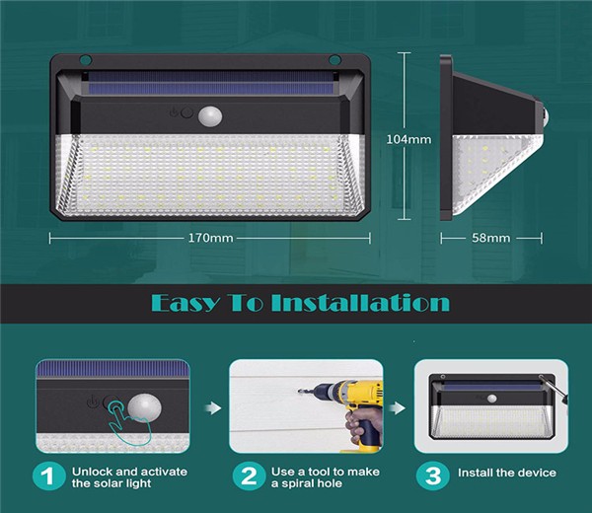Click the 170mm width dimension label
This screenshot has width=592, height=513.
(x=211, y=238)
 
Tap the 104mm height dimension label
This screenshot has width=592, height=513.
(x=408, y=140)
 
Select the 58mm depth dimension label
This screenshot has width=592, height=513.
(x=490, y=238)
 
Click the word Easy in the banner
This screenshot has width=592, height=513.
(x=185, y=304)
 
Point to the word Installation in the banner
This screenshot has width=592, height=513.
(x=360, y=303)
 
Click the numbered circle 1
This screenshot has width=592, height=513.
(x=48, y=476)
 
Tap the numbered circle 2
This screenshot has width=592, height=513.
(x=249, y=476)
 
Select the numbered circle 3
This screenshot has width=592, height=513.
(x=433, y=476)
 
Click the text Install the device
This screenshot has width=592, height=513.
(x=507, y=473)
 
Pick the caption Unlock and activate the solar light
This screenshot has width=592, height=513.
(x=129, y=477)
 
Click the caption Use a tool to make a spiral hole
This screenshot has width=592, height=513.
(x=326, y=477)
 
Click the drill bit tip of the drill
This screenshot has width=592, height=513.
(x=299, y=391)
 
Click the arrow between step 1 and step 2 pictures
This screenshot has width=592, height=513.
(x=213, y=407)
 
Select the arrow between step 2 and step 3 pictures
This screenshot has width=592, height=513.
(x=398, y=407)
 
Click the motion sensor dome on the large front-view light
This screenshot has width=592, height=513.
(x=210, y=116)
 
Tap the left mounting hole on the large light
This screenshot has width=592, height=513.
(x=85, y=59)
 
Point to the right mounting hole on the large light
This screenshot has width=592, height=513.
(x=334, y=59)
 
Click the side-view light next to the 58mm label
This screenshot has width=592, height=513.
(x=490, y=138)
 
